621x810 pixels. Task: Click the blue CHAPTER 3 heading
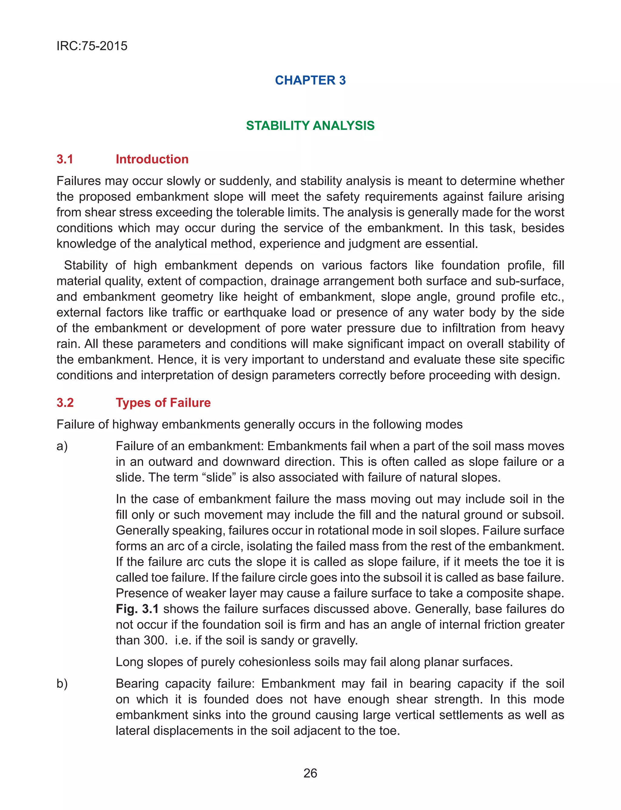coord(310,80)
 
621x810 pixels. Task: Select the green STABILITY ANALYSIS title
coord(310,126)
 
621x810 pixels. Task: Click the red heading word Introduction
coord(152,159)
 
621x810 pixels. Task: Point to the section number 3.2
coord(65,403)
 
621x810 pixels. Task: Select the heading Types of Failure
coord(163,403)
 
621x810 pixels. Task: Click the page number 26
coord(310,773)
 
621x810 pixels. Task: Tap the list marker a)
coord(62,446)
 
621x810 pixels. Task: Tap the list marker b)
coord(62,684)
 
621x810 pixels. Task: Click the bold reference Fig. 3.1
coord(137,609)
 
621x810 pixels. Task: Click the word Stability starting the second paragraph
coord(86,266)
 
